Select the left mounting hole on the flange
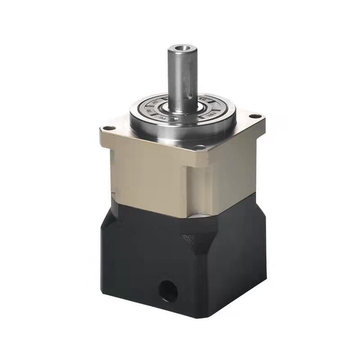coord(107,128)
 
